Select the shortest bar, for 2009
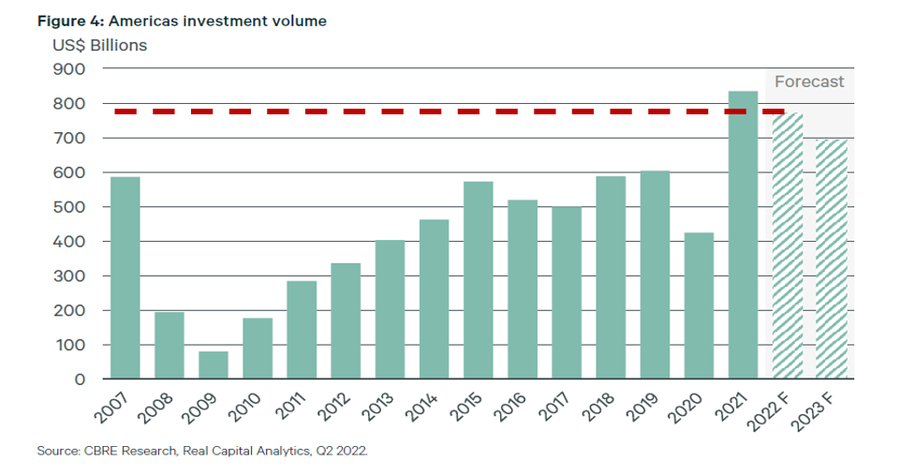click(x=214, y=364)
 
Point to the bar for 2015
click(x=478, y=280)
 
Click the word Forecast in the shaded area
click(x=809, y=82)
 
